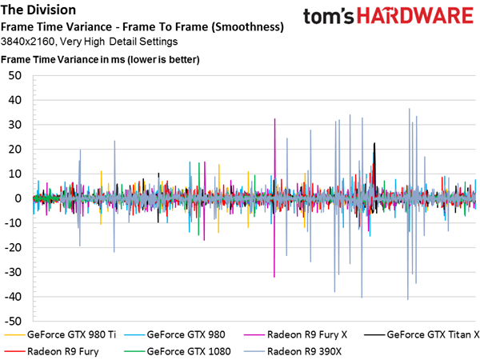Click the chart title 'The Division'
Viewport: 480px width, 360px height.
[x=38, y=10]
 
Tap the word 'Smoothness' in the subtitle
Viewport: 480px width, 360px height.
[x=247, y=27]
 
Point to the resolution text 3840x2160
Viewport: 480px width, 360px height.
[x=28, y=42]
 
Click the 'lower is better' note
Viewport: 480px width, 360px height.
[x=163, y=59]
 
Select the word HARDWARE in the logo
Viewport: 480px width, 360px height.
[x=415, y=16]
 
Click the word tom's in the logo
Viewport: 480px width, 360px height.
[x=329, y=17]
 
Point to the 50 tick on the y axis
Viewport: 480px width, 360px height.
[x=15, y=76]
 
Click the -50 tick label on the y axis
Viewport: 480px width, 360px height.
[x=13, y=322]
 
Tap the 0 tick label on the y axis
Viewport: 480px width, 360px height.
[x=18, y=198]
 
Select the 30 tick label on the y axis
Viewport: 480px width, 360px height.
[x=15, y=125]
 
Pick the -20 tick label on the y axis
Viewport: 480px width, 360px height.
[x=13, y=248]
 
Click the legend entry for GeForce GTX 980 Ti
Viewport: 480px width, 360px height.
[x=60, y=334]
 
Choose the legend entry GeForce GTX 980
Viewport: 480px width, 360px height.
[x=174, y=334]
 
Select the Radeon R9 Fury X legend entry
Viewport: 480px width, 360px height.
[x=295, y=334]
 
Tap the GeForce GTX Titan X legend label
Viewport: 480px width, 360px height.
[x=422, y=334]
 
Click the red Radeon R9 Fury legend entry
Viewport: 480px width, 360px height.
[x=51, y=351]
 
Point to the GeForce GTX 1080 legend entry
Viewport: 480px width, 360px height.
[x=178, y=351]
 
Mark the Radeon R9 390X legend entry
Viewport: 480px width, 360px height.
[x=292, y=351]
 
